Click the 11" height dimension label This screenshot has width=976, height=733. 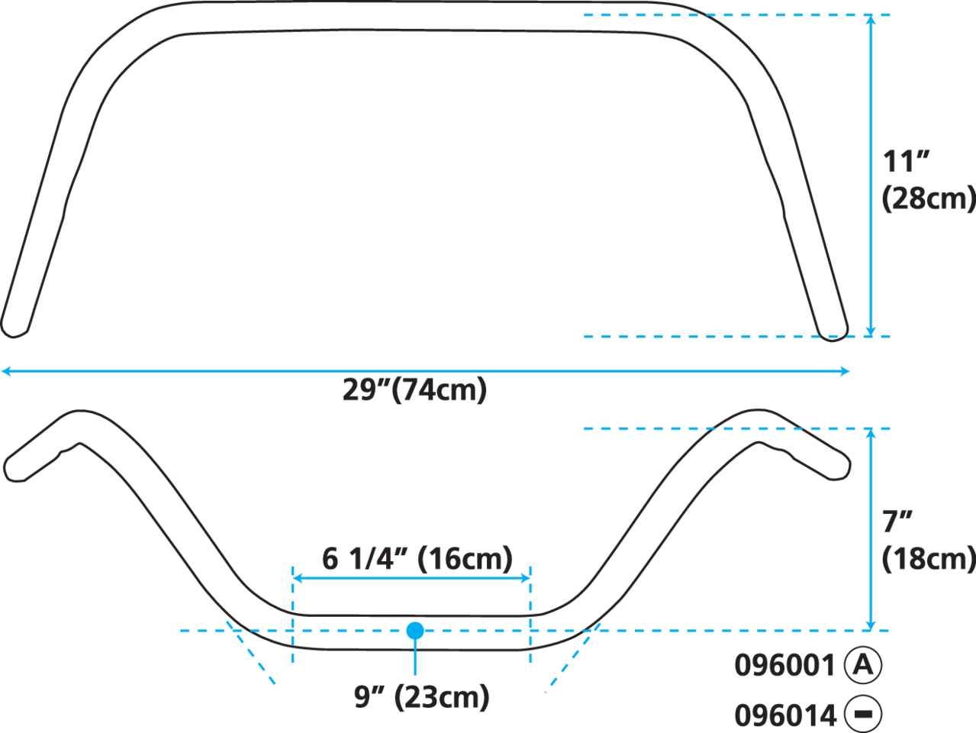coord(906,161)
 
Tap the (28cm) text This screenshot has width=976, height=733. coord(929,199)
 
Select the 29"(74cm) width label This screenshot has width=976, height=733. coord(414,390)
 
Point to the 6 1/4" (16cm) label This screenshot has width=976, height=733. coord(417,559)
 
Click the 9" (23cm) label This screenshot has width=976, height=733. coord(421,697)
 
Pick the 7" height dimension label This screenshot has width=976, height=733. coord(897,522)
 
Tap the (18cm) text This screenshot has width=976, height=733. coord(929,560)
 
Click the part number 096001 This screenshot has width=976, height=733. coord(785,666)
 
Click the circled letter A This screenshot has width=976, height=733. coord(863,665)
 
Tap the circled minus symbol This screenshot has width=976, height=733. coord(863,715)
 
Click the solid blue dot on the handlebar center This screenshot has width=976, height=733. coord(415,631)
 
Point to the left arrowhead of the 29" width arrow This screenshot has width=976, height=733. coord(6,371)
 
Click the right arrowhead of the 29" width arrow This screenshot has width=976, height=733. coord(845,371)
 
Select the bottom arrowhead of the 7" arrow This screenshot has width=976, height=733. coord(871,625)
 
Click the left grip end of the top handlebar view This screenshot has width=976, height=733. coord(13,327)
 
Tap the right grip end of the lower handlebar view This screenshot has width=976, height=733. coord(837,467)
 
